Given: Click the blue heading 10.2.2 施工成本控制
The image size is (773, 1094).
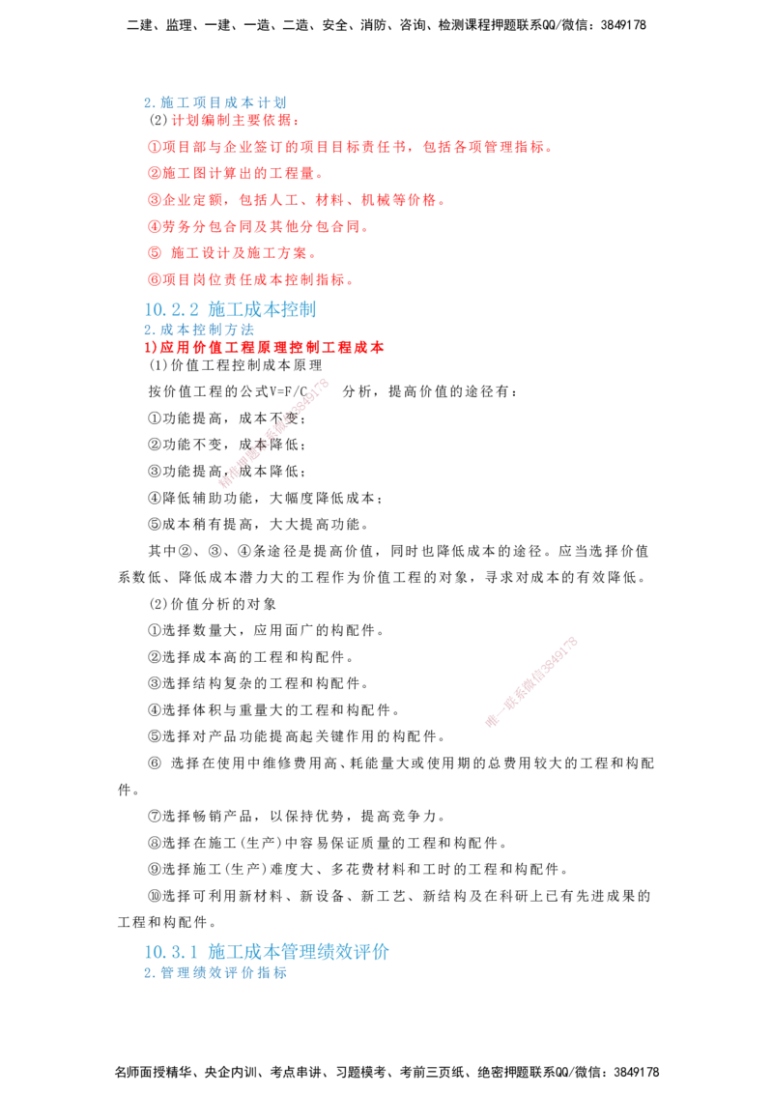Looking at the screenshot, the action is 230,309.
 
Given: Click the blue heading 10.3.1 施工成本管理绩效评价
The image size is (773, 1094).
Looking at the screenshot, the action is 267,952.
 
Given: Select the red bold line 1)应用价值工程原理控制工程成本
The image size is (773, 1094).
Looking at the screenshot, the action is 265,348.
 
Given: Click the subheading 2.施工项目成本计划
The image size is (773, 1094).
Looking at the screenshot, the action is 215,102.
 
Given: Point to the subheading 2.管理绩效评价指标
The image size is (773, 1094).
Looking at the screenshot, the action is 215,972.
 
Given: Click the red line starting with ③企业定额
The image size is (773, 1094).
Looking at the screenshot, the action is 297,200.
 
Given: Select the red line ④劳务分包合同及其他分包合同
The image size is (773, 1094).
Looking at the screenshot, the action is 258,227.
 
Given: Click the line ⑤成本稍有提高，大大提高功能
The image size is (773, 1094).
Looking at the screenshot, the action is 258,524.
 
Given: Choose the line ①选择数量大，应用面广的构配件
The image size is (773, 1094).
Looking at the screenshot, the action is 266,630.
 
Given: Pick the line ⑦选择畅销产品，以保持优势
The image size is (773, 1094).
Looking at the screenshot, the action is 297,816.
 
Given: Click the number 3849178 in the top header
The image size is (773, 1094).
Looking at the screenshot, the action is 623,25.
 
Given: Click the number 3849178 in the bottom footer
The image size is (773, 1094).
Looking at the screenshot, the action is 636,1072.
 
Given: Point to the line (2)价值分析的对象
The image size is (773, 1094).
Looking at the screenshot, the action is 213,603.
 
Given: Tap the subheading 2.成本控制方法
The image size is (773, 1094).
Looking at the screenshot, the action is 199,330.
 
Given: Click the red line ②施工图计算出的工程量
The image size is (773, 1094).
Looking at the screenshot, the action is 235,174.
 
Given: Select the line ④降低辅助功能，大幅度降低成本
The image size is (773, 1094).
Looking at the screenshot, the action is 265,498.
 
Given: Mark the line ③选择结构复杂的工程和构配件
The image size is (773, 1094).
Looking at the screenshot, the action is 258,683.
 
